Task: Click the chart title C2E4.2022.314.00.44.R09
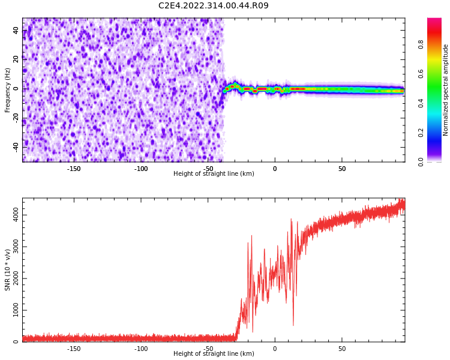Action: pyautogui.click(x=214, y=6)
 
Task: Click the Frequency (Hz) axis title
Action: pyautogui.click(x=8, y=90)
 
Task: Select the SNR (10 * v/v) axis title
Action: pyautogui.click(x=8, y=270)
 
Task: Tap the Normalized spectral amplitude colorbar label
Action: pyautogui.click(x=446, y=90)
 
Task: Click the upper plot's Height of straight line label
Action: pyautogui.click(x=214, y=174)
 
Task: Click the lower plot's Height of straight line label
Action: pyautogui.click(x=214, y=354)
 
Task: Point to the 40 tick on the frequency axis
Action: pyautogui.click(x=16, y=31)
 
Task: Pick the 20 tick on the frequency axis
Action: pyautogui.click(x=16, y=60)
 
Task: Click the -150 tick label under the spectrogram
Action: pyautogui.click(x=74, y=169)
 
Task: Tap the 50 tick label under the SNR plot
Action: pyautogui.click(x=342, y=349)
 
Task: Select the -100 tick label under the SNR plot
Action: pyautogui.click(x=141, y=349)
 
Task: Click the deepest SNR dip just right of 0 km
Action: pyautogui.click(x=293, y=325)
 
